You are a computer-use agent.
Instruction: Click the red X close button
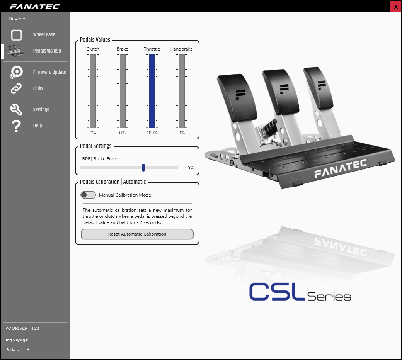pos(395,7)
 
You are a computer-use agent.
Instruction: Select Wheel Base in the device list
pos(44,35)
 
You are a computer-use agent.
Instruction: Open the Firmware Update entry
pos(49,72)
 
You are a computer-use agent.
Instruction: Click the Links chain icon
pos(16,88)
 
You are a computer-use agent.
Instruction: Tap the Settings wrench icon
pos(16,110)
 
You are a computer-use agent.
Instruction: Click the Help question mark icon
pos(16,126)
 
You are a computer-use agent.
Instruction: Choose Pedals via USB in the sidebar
pos(47,51)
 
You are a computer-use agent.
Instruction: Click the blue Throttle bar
pos(152,91)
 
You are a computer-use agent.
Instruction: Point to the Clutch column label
pos(93,49)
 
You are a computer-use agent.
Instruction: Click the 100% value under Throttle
pos(152,133)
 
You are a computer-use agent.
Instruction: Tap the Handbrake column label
pos(182,49)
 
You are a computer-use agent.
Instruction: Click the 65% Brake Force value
pos(189,168)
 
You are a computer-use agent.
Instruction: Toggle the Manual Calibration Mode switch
pos(88,195)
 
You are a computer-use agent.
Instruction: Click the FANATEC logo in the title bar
pos(35,7)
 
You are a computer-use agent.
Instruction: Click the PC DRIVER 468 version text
pos(22,328)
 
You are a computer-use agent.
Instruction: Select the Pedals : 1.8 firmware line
pos(17,350)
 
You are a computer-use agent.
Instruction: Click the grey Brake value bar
pos(123,91)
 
